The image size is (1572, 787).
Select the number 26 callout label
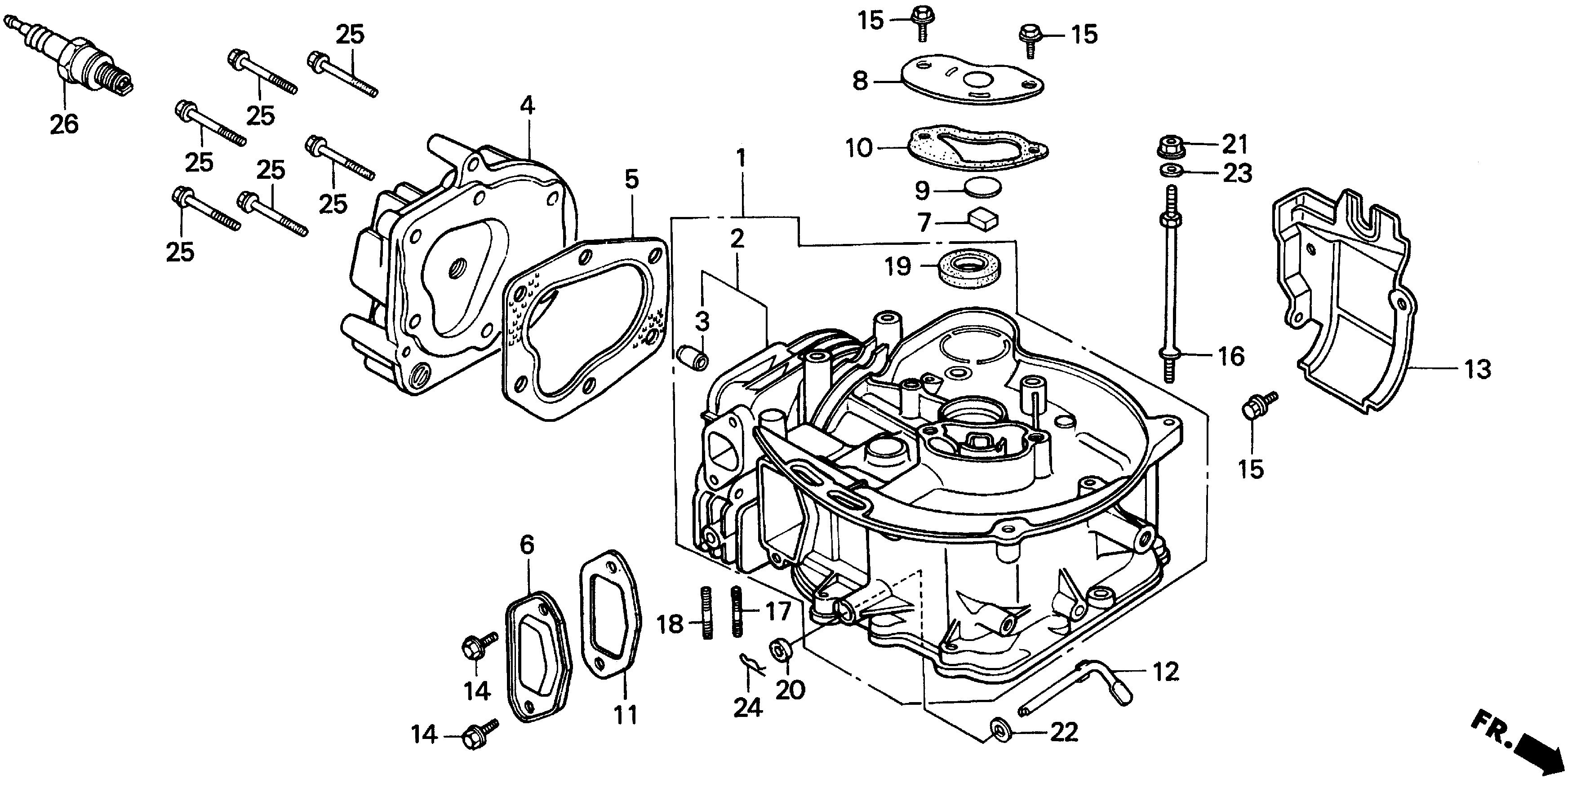point(64,124)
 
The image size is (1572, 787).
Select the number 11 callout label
point(626,714)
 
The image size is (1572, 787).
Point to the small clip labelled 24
point(752,664)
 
